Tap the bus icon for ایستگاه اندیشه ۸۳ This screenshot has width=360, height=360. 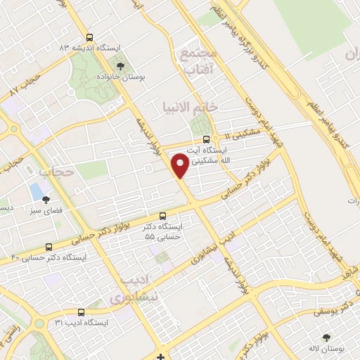[x=89, y=38]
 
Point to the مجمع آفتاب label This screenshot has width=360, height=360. [x=201, y=63]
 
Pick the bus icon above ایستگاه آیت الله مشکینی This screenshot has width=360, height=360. [x=205, y=139]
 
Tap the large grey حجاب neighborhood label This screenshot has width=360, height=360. [x=56, y=171]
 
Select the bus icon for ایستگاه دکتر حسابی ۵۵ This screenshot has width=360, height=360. [x=163, y=216]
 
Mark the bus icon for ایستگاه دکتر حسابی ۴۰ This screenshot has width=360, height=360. [x=49, y=247]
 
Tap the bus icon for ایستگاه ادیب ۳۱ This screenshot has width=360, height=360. [x=80, y=311]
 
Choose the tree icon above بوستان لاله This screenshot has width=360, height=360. [x=326, y=337]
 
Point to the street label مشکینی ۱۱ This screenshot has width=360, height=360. [x=243, y=133]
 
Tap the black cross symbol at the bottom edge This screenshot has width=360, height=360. [x=161, y=355]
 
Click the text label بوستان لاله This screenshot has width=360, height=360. [x=326, y=348]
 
